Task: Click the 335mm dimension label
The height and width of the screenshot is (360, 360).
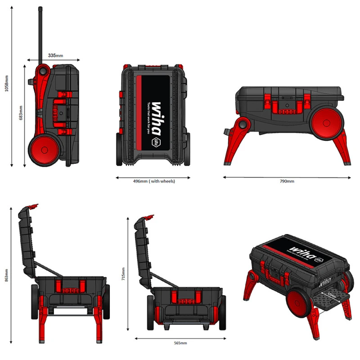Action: tap(55, 55)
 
